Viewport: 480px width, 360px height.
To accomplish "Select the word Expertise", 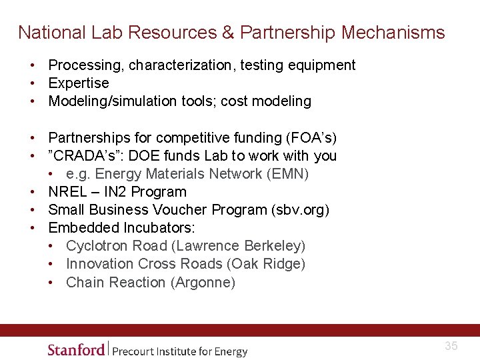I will [79, 83].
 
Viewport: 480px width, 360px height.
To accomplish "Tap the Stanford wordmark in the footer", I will [76, 349].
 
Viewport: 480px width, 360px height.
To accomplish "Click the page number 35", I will [451, 346].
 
